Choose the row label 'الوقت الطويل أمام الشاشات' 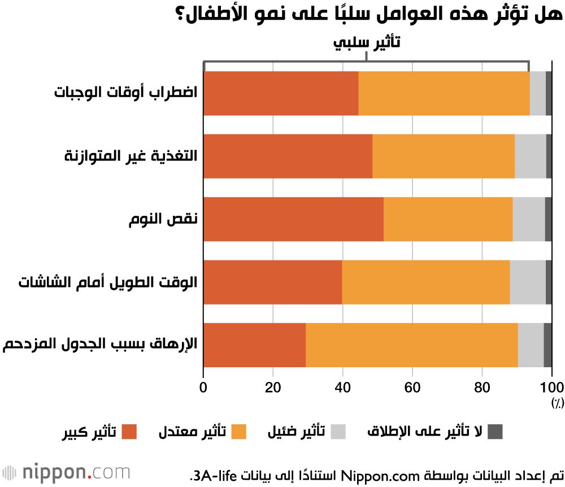(107, 282)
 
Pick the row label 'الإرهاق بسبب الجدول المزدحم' (100, 345)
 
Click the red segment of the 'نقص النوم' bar (293, 219)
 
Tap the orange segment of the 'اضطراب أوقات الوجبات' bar (444, 93)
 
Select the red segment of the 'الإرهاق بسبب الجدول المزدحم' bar (254, 345)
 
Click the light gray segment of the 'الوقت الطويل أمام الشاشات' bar (527, 282)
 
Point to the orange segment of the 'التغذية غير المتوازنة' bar (443, 156)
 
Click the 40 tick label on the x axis (342, 387)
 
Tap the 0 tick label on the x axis (203, 387)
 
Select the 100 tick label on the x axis (551, 387)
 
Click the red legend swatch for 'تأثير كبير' (130, 432)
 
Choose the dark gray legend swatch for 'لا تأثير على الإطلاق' (495, 432)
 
